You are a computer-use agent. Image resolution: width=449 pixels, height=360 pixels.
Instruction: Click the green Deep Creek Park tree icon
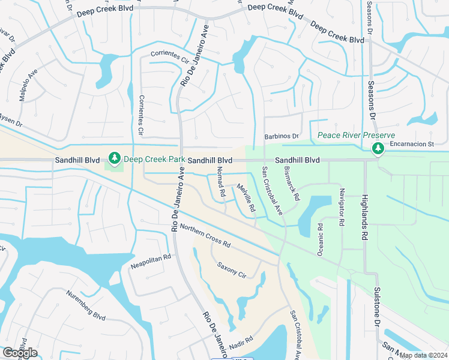click(x=114, y=158)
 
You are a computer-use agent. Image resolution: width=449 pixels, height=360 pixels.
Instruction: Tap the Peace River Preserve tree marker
click(x=378, y=148)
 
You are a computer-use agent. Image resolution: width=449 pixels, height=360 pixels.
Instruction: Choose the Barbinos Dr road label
click(x=282, y=136)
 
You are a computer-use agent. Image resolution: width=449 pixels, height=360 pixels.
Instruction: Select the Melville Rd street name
click(x=246, y=199)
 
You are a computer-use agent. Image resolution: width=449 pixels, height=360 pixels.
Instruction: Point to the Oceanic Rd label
click(x=321, y=239)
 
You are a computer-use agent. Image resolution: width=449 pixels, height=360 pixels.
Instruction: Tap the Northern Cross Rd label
click(x=205, y=236)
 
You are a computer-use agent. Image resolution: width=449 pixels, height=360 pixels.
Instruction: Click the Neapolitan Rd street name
click(x=151, y=261)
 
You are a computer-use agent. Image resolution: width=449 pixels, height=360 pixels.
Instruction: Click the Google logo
click(x=20, y=353)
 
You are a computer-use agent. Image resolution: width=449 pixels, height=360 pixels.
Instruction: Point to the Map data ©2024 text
click(x=423, y=355)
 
